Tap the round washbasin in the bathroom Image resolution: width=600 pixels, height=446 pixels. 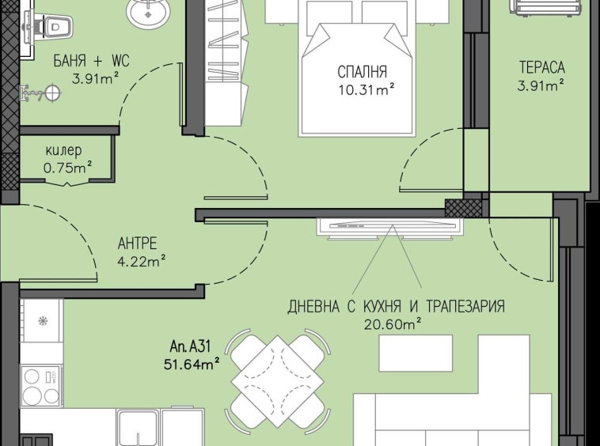(147, 13)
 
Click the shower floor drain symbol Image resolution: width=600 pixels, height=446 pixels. (52, 93)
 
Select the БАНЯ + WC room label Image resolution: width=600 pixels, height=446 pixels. (91, 61)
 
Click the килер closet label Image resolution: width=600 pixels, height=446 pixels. (63, 151)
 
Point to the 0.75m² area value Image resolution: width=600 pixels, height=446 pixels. (67, 168)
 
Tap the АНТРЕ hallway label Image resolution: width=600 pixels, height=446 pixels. (138, 243)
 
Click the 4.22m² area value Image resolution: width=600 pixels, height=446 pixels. (142, 262)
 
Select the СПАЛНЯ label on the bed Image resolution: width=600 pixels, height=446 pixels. (362, 72)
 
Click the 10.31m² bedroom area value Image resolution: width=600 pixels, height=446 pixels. (366, 90)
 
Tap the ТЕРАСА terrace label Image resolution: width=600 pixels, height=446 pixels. (541, 67)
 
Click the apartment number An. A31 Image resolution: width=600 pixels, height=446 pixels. (190, 346)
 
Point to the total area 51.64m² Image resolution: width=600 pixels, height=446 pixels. (192, 365)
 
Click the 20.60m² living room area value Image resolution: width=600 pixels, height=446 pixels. (393, 324)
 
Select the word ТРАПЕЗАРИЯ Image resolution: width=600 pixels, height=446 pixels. (465, 307)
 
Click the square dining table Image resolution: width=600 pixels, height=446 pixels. (277, 381)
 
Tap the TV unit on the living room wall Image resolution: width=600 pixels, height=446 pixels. (390, 229)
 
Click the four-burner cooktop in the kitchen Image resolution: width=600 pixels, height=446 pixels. (41, 386)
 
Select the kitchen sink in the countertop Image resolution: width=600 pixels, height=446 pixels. (137, 427)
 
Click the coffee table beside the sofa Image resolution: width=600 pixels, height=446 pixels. (416, 353)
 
